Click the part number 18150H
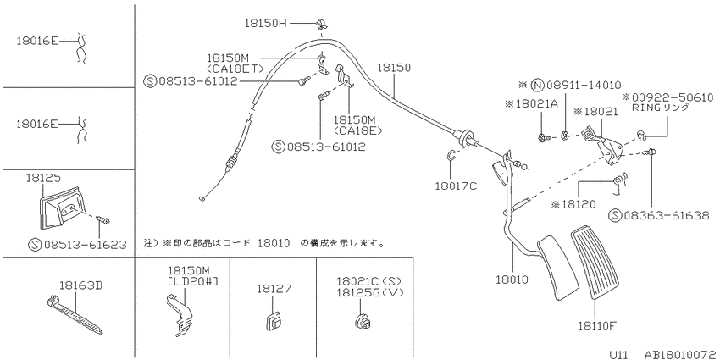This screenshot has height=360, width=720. tap(265, 23)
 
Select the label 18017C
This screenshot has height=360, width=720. tap(456, 186)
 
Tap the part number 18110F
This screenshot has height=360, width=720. tap(596, 326)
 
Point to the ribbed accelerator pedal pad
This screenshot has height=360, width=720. tap(596, 263)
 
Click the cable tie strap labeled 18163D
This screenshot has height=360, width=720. tap(75, 315)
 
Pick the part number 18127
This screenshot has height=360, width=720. tap(274, 288)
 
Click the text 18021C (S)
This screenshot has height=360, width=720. tap(369, 281)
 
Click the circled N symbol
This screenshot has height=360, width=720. tap(537, 85)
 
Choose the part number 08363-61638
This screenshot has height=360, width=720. tap(667, 215)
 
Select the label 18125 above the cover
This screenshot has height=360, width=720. tap(43, 178)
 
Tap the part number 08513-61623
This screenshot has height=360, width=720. tap(85, 244)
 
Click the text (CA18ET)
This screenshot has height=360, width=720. tap(235, 69)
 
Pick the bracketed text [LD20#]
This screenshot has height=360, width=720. tap(193, 280)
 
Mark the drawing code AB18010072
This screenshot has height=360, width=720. tap(681, 354)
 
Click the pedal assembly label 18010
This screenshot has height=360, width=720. tap(512, 279)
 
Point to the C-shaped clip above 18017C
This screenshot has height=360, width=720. tap(450, 156)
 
